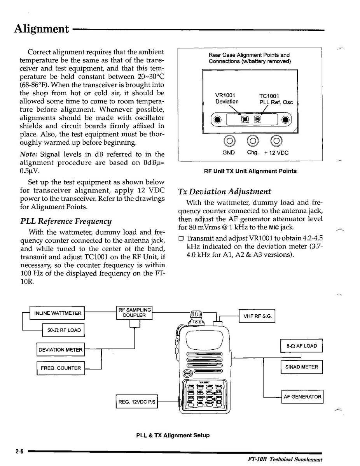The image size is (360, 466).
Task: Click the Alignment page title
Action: click(41, 29)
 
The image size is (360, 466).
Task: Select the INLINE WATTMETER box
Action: click(58, 313)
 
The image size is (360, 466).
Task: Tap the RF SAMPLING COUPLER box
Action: click(134, 313)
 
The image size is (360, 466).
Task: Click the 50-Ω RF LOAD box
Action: click(64, 330)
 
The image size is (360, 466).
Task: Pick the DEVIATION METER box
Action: click(60, 350)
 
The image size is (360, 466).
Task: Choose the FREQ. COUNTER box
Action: click(61, 368)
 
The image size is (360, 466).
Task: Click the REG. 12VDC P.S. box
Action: click(137, 402)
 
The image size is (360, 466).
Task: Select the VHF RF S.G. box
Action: click(257, 316)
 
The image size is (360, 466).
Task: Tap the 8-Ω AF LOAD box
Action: click(301, 346)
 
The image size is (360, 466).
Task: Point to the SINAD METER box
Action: click(301, 367)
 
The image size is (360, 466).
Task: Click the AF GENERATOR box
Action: click(302, 397)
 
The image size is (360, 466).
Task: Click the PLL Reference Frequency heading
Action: click(66, 221)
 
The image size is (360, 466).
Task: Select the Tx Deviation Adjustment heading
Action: click(224, 192)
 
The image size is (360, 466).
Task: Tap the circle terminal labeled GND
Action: click(229, 140)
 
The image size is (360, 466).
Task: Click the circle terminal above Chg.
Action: click(253, 140)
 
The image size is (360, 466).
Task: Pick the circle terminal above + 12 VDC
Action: click(276, 140)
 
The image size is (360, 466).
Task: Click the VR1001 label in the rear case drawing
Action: click(225, 96)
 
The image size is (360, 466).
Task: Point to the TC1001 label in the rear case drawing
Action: click(269, 96)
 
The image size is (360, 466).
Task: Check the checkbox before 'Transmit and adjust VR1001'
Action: click(181, 238)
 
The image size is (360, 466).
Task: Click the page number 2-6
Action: click(19, 452)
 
